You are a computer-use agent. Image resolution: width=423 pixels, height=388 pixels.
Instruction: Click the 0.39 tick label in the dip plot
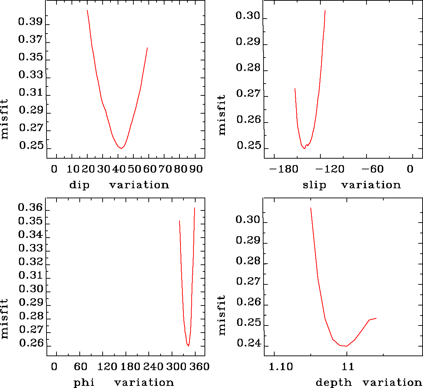point(30,22)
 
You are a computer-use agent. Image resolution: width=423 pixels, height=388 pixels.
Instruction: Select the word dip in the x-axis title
point(79,185)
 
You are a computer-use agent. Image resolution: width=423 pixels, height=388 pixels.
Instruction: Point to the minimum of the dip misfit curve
point(122,148)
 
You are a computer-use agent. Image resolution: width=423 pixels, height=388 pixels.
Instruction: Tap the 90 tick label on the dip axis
point(196,169)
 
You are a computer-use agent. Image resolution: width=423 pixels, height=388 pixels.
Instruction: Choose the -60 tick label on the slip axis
point(372,169)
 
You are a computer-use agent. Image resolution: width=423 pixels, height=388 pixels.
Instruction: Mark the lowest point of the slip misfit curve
point(304,148)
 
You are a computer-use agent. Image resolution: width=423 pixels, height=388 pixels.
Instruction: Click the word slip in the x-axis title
point(314,185)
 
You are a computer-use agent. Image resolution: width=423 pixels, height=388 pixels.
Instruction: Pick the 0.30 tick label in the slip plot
point(248,16)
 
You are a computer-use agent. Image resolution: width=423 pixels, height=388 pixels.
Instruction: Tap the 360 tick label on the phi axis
point(199,367)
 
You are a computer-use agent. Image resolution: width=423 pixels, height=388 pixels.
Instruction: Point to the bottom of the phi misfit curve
point(188,346)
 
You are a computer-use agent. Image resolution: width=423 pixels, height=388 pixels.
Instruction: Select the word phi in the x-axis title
point(84,383)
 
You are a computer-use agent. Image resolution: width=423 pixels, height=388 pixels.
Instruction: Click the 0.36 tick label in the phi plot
point(30,208)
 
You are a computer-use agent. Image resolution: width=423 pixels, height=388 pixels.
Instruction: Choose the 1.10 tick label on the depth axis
point(281,367)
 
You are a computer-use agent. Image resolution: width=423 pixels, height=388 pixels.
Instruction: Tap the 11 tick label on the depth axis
point(348,367)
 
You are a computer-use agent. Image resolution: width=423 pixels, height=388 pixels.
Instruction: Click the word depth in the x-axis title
point(334,383)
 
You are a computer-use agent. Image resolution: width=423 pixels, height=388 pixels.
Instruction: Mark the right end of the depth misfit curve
point(376,318)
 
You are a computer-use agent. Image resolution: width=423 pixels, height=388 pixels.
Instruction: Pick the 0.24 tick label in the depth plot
point(248,343)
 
